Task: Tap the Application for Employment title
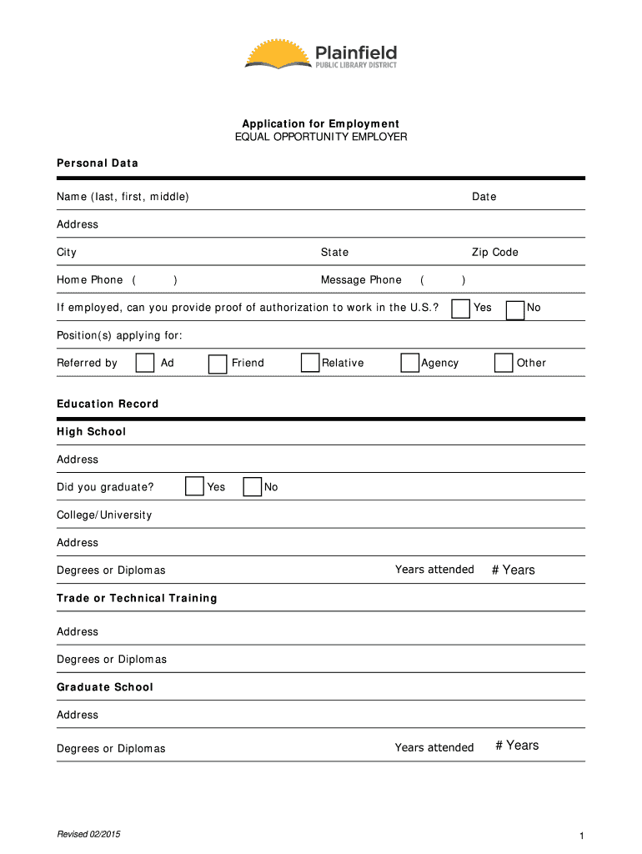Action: [321, 124]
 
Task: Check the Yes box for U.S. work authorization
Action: [460, 309]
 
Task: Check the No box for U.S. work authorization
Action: [515, 309]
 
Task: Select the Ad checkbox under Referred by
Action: [145, 363]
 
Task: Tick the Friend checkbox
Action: [218, 364]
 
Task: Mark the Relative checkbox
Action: [310, 363]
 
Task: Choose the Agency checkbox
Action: [409, 363]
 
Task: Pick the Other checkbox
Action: [504, 363]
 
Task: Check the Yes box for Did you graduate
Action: [194, 486]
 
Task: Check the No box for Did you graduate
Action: [252, 487]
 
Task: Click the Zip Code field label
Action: [495, 253]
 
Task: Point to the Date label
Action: [484, 197]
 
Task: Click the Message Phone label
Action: [361, 280]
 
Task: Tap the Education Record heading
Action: [108, 404]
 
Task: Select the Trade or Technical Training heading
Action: [137, 599]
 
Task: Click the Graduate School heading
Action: [105, 687]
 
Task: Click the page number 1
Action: [578, 836]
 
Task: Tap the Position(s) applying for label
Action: [119, 335]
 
